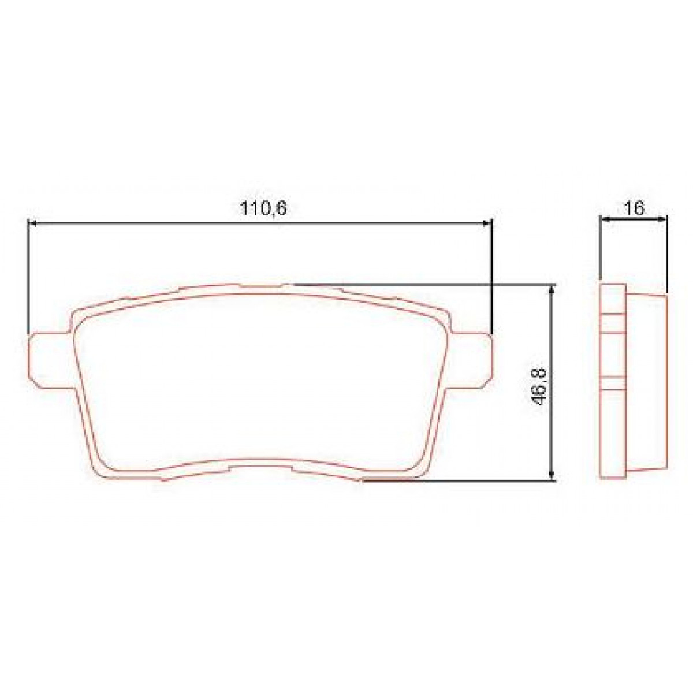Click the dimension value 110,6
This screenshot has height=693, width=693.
click(x=263, y=209)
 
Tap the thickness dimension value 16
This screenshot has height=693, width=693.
click(x=635, y=208)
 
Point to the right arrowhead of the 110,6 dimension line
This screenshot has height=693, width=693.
click(x=487, y=222)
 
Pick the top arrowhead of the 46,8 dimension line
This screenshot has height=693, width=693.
click(x=553, y=289)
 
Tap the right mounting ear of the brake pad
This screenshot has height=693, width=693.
click(x=474, y=358)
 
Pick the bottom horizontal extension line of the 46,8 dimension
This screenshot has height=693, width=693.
click(x=462, y=479)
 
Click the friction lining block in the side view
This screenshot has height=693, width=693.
click(x=647, y=384)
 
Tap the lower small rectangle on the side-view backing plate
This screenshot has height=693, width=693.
click(x=613, y=384)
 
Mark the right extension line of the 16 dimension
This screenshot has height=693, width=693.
click(x=667, y=254)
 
